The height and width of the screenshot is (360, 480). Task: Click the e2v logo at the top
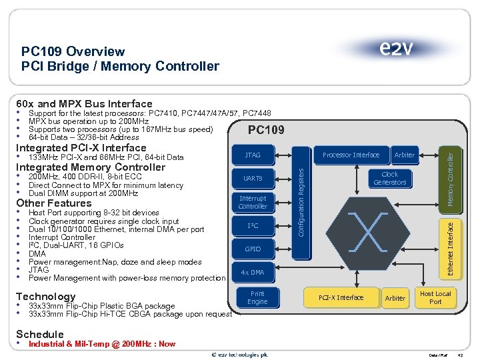point(396,49)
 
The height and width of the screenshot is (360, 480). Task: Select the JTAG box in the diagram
point(253,155)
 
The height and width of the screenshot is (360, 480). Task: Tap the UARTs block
point(253,179)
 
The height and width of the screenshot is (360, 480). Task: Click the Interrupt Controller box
point(253,203)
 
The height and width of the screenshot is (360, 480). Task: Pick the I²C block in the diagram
point(253,226)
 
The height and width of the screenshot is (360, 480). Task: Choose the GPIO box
point(253,249)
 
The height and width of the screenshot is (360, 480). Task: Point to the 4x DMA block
point(253,273)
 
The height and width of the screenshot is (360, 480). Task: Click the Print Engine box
point(257,298)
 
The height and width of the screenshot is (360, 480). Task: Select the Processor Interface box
point(351,155)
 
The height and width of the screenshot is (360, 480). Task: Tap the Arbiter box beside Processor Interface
point(404,155)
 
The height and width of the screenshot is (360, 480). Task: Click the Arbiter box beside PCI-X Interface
point(395,298)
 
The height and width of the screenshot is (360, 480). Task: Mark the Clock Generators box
point(389,179)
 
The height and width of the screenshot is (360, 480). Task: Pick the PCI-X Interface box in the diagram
point(341,298)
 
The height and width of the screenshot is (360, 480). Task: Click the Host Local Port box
point(435,298)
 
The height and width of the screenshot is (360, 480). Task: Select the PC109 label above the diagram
point(267,129)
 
